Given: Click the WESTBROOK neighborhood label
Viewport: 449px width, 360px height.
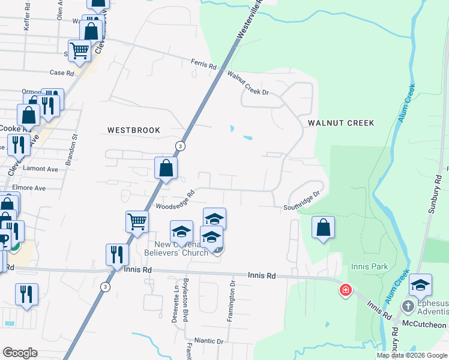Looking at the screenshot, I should pos(134,130).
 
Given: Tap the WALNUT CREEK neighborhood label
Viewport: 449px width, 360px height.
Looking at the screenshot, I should pos(341,123).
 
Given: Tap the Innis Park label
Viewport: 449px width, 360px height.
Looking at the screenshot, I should pos(370,266).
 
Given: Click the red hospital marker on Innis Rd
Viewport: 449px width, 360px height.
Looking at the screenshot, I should pos(345,291).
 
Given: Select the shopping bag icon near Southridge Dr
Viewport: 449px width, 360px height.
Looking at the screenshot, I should pos(323,227).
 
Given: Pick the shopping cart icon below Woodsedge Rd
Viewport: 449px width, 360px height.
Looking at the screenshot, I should pos(137,221).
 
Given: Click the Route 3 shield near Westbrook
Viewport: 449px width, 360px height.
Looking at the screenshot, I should pos(180,146).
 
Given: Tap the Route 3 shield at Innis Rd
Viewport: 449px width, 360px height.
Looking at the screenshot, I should pos(106,287).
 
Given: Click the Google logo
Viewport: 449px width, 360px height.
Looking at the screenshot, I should pos(20,353).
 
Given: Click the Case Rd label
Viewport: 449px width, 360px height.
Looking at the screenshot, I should pos(61,73).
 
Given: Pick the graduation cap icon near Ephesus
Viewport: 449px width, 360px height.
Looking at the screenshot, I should pos(420,285).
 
